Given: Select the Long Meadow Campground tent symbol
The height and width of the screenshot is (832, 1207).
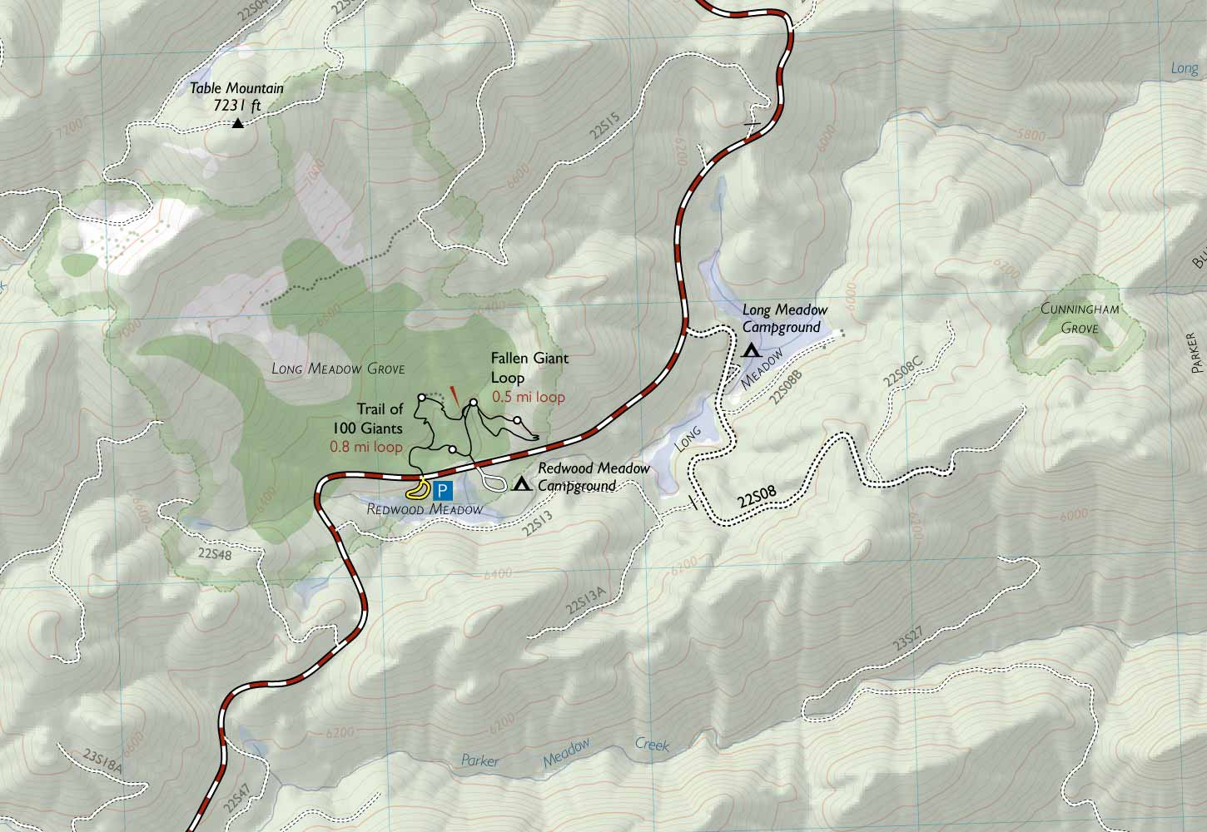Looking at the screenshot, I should point(751,350).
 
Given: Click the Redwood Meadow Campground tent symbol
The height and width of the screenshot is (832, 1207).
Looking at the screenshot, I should point(522,483).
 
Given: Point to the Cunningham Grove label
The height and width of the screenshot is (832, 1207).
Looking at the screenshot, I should point(1080,318).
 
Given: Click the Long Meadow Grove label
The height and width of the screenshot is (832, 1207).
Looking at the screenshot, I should point(338,369).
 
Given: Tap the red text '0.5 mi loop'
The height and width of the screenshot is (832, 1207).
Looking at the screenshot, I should point(529,397).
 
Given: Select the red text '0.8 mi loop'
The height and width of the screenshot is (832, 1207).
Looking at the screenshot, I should point(366,447).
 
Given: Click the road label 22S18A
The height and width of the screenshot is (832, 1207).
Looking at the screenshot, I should point(102,760).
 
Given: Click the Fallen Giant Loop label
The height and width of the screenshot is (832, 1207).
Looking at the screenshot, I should point(529,368).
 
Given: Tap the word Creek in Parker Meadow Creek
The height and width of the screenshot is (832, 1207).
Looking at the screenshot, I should point(652,745).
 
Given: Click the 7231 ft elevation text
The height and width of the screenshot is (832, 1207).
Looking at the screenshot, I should point(237,105).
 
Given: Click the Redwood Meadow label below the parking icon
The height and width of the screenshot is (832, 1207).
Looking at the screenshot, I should point(425,509).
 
